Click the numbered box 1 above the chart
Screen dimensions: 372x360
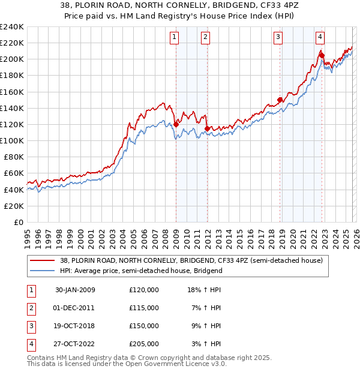pos(174,37)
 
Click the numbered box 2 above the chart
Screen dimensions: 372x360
pos(205,37)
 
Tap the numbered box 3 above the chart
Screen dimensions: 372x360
pos(278,37)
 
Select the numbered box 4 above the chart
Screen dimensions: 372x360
pos(320,37)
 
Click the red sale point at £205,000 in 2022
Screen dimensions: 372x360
pos(322,55)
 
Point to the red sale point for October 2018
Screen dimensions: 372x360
pos(280,100)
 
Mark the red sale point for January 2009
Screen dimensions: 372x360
pos(176,124)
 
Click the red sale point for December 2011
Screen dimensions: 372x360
pos(206,128)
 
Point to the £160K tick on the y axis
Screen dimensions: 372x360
pos(12,92)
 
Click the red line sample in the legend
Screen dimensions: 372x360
pos(43,260)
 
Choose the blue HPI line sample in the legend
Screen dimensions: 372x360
pos(43,271)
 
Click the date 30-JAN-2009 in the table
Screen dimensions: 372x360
pos(75,290)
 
